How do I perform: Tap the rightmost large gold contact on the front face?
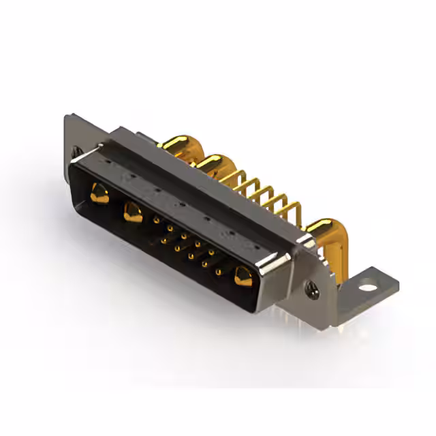242,276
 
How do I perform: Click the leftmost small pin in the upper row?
157,220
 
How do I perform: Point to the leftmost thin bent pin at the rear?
235,177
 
